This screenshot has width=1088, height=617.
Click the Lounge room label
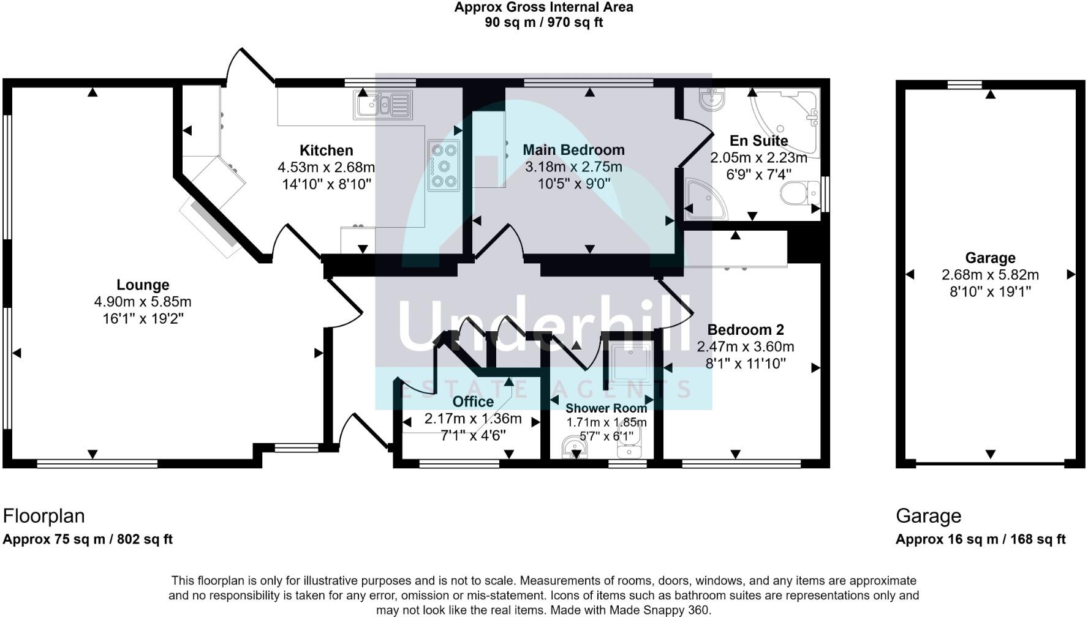click(x=143, y=285)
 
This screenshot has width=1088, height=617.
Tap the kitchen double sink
click(x=382, y=105)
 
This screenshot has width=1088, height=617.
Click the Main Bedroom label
click(x=573, y=150)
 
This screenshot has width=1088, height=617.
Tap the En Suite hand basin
click(x=712, y=99)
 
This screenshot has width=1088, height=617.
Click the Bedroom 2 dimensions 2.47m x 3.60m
click(x=746, y=347)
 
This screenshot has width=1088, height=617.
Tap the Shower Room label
click(x=606, y=408)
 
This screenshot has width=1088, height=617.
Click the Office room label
click(x=473, y=402)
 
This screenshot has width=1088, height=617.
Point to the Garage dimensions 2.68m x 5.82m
click(x=990, y=275)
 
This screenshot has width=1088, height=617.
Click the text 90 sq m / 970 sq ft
click(x=543, y=23)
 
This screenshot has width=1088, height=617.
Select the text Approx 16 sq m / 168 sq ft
click(x=980, y=539)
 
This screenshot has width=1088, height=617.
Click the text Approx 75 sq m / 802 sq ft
click(x=88, y=539)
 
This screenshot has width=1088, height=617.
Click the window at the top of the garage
click(x=965, y=84)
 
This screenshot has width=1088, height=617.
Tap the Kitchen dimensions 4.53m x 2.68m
click(x=326, y=167)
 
